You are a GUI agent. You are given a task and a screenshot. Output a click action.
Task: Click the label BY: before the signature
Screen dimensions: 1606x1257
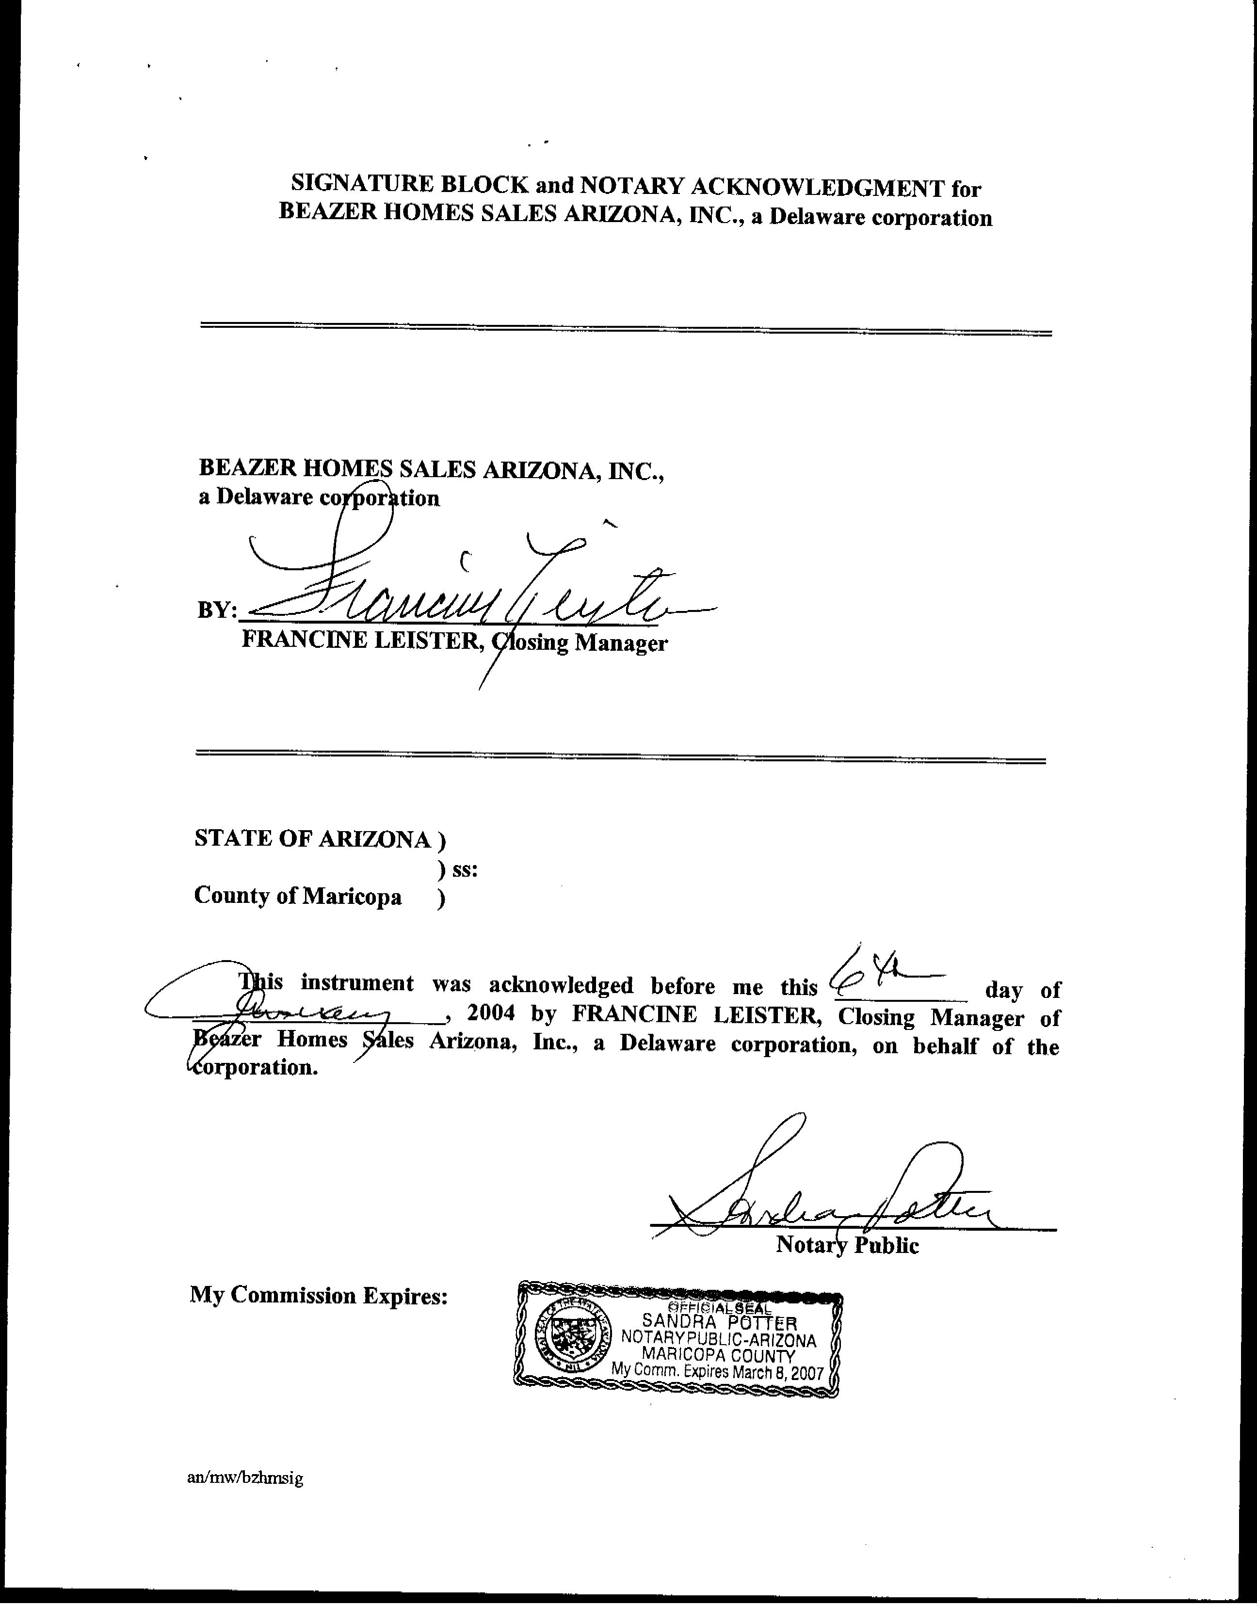217,610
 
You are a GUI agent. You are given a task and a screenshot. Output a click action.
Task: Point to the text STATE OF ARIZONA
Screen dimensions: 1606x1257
313,839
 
